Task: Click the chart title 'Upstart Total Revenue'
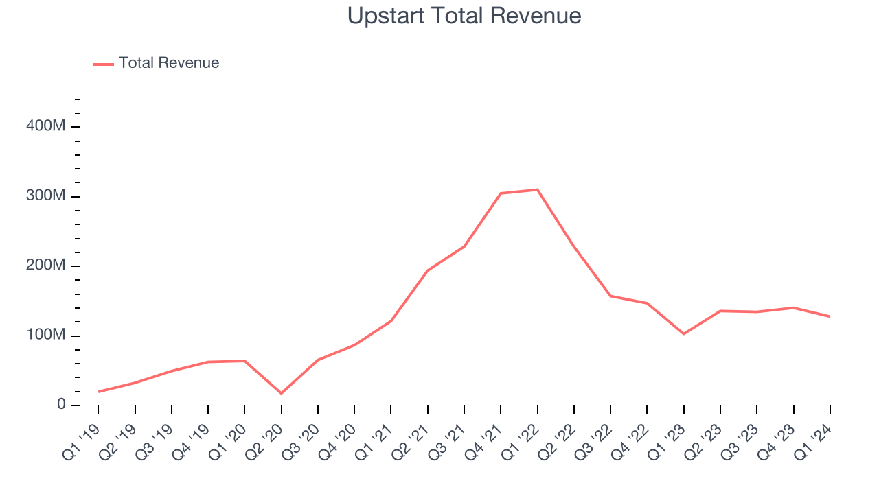click(464, 16)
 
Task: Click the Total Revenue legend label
click(169, 63)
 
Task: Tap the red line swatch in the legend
click(104, 64)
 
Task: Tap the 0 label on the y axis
click(62, 405)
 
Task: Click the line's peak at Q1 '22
click(537, 189)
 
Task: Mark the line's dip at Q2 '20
click(281, 393)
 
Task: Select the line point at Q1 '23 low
click(683, 333)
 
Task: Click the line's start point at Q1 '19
click(98, 392)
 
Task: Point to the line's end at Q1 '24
click(830, 316)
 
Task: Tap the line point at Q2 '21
click(427, 270)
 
